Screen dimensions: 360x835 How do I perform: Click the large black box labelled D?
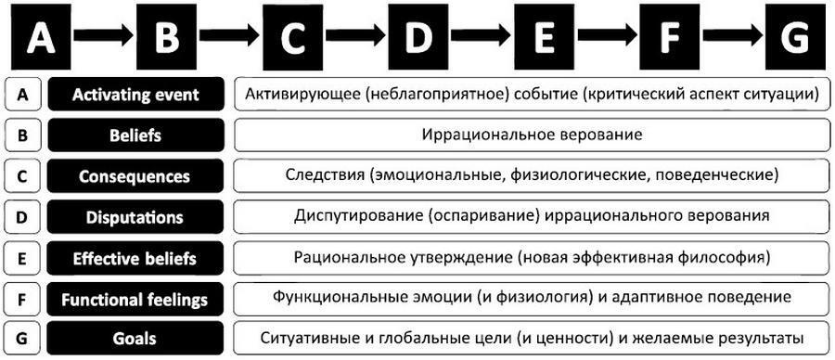click(419, 37)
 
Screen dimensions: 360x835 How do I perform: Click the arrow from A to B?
click(103, 37)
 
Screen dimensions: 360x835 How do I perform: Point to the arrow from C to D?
click(356, 37)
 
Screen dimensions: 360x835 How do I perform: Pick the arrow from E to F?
click(608, 37)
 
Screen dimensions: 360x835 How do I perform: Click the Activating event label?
click(135, 95)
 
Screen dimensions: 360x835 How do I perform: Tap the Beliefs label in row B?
click(135, 135)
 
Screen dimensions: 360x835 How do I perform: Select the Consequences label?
click(135, 176)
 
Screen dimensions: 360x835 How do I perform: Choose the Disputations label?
click(135, 217)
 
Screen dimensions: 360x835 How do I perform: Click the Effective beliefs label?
click(135, 258)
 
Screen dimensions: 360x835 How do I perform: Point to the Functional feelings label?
click(135, 299)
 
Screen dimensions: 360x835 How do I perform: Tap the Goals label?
click(135, 339)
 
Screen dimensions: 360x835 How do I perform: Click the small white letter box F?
click(22, 299)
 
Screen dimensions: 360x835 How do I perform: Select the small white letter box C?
click(22, 176)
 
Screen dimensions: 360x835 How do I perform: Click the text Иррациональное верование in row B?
click(531, 135)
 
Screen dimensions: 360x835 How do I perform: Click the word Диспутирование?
click(357, 217)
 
